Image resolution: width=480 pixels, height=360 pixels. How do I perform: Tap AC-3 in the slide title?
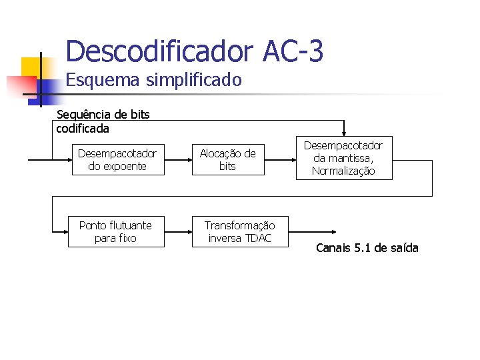tap(293, 51)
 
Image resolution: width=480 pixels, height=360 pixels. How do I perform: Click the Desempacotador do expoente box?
tap(117, 160)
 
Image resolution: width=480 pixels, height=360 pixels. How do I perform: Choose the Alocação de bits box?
tap(227, 160)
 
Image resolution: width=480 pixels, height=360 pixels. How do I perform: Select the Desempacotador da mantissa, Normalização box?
tap(344, 158)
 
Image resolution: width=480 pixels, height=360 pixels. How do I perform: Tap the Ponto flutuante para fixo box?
tap(115, 231)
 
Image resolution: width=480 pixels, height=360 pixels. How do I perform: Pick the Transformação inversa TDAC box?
tap(239, 231)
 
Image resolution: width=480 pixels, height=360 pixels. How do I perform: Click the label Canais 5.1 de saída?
tap(367, 248)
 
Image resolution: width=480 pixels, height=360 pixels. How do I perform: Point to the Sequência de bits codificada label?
tap(103, 121)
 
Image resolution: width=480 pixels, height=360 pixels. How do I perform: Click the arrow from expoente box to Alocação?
tap(178, 160)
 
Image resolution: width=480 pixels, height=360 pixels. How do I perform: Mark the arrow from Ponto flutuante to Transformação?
tap(178, 231)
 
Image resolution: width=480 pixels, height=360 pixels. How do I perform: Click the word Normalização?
tap(344, 171)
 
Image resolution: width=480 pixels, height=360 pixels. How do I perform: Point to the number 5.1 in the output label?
tap(362, 248)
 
